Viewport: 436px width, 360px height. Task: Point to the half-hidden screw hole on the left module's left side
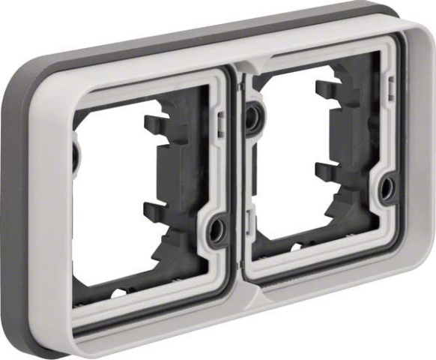[76, 154]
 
